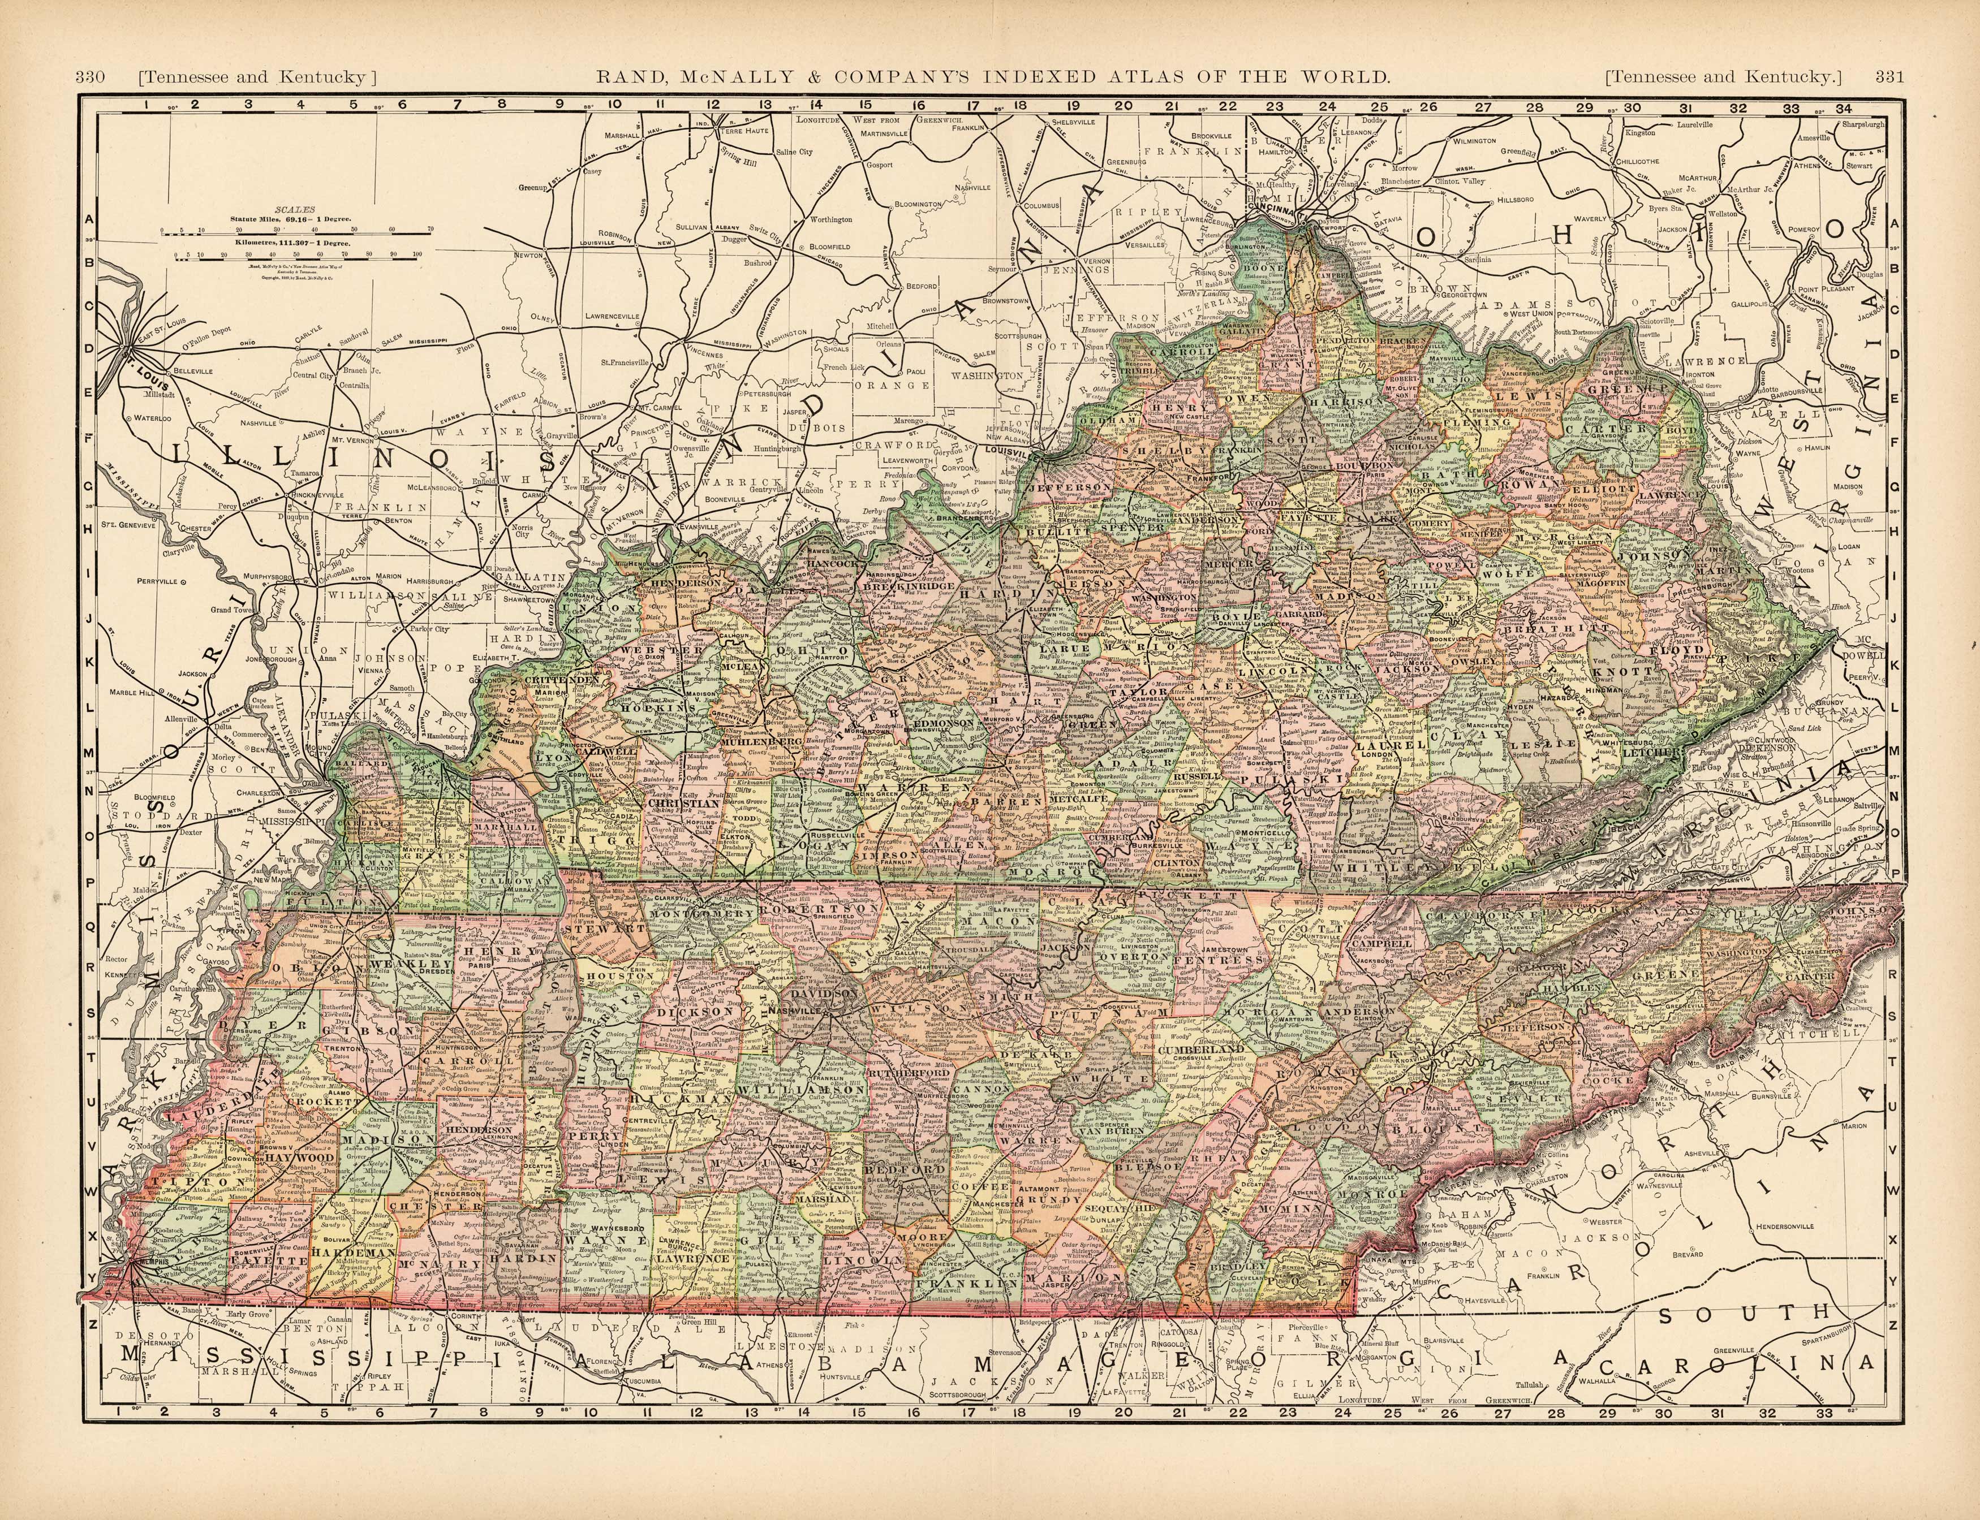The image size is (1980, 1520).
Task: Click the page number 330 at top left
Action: pos(91,77)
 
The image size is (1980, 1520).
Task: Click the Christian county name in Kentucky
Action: pos(684,802)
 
